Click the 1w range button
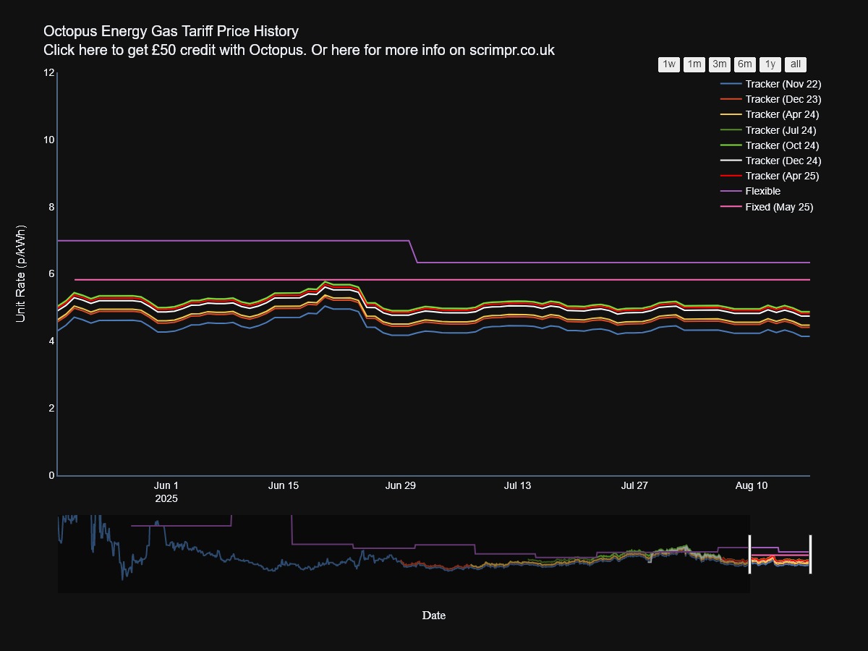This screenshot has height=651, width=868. point(669,64)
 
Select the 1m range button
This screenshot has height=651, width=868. point(694,64)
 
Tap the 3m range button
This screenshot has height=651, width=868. point(720,64)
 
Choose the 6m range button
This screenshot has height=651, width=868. point(745,64)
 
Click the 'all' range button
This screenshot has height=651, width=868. point(796,64)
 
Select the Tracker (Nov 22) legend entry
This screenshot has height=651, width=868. point(783,84)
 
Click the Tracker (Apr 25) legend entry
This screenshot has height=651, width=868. point(782,176)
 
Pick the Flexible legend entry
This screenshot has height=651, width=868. point(762,191)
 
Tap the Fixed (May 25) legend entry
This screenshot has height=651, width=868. point(779,207)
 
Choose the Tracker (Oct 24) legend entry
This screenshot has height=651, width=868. point(782,145)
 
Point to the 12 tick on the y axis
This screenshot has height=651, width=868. point(49,72)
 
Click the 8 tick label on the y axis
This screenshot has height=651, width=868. point(51,207)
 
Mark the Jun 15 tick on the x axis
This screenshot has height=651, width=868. point(284,485)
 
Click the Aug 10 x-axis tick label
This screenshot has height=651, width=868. point(752,485)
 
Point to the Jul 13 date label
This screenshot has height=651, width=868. point(517,485)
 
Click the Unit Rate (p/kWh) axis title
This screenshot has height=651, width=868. point(21,274)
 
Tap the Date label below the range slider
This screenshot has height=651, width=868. point(434,616)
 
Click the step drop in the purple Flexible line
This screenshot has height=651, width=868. point(414,252)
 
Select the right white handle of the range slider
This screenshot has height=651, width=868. point(810,554)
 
